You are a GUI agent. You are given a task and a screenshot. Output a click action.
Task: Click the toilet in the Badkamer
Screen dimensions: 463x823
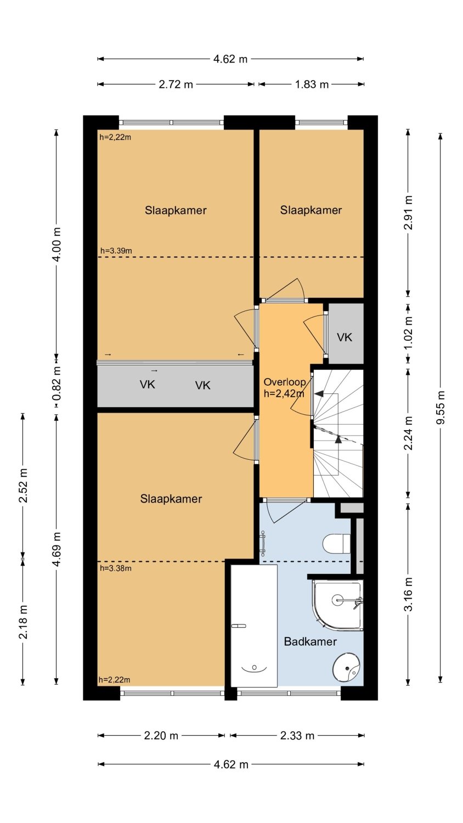pos(336,543)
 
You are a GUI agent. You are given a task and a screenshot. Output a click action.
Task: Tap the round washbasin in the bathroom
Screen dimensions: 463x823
pos(346,667)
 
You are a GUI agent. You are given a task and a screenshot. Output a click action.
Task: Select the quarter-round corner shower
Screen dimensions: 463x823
pos(338,605)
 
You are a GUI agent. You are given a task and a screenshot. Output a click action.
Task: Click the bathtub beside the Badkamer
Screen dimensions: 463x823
pos(253,625)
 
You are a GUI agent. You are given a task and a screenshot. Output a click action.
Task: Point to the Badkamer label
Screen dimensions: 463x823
pos(310,641)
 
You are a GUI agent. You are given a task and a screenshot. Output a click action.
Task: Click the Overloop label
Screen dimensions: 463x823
pos(284,382)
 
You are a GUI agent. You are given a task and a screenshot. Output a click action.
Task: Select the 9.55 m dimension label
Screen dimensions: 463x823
pos(441,407)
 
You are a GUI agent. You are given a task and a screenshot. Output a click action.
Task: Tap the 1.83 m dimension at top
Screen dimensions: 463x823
pos(312,84)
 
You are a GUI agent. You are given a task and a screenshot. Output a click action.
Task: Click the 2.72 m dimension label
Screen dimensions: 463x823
pos(176,84)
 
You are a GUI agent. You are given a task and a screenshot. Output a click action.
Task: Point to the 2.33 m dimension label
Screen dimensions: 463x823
pos(297,736)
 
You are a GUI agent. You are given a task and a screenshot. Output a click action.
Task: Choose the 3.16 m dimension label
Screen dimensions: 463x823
pos(408,594)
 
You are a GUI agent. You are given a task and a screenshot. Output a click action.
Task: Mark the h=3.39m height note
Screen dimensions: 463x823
pos(116,251)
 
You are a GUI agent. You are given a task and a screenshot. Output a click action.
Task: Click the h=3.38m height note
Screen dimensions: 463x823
pos(116,568)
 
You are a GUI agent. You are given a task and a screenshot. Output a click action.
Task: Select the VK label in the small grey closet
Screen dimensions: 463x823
pos(345,337)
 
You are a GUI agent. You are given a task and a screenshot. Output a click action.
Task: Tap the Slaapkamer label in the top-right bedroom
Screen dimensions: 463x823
pos(311,210)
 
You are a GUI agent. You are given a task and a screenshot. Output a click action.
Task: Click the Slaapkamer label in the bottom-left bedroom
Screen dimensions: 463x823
pos(171,499)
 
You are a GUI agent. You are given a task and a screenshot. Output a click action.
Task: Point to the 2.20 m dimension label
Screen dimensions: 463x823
pos(161,736)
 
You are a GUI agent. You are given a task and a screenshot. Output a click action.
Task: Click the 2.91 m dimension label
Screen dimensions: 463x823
pos(408,213)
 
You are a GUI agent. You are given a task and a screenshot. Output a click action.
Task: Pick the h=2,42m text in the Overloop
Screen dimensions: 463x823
pos(284,393)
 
